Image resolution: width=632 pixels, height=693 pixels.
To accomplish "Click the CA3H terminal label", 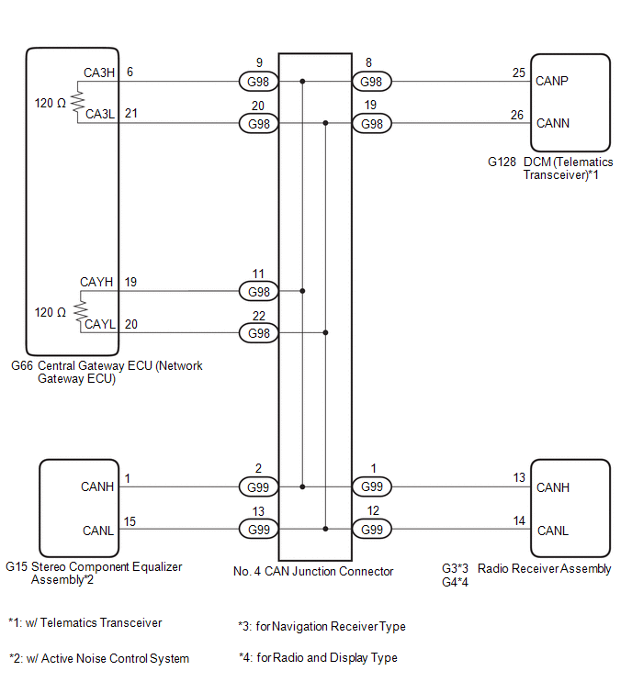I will (x=99, y=73).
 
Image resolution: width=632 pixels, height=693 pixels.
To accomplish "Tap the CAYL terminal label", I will (x=100, y=324).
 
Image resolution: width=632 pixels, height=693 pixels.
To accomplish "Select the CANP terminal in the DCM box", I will (x=553, y=80).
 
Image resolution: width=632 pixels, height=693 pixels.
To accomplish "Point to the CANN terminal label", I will (x=553, y=122).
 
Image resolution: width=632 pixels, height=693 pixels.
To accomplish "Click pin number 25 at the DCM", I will (x=519, y=73).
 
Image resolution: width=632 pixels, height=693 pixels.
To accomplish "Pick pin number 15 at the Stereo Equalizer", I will (x=130, y=521).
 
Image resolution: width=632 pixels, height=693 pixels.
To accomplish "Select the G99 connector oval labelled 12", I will (x=371, y=530).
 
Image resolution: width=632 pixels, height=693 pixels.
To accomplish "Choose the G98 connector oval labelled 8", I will (x=371, y=82).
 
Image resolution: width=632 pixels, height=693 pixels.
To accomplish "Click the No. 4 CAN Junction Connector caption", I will (x=313, y=571).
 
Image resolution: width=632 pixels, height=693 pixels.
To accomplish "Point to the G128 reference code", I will (x=502, y=162).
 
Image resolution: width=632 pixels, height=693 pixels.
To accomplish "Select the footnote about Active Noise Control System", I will (x=99, y=658).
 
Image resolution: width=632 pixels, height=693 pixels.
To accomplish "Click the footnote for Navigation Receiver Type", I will (x=322, y=627).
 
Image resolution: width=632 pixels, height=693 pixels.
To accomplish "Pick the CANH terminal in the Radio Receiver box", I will (x=553, y=487).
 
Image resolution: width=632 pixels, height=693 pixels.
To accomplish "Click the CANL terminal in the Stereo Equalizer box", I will (x=97, y=530).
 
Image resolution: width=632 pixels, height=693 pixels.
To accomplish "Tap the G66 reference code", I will (x=21, y=365).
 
